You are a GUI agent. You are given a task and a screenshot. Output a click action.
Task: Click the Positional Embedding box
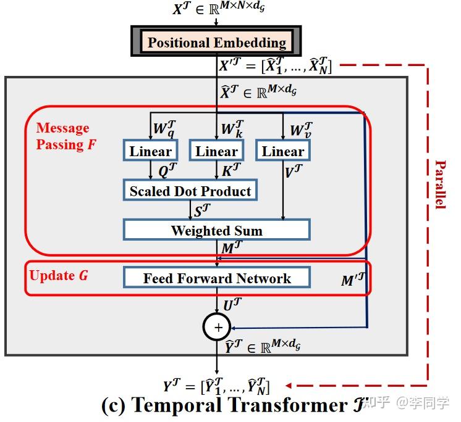(x=216, y=43)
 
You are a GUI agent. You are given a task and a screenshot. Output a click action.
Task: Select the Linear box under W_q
(x=151, y=151)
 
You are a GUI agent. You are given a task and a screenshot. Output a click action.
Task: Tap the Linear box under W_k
(x=216, y=151)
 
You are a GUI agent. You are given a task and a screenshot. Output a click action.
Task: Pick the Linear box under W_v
(x=282, y=151)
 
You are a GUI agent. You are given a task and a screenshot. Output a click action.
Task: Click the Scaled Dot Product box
(x=190, y=191)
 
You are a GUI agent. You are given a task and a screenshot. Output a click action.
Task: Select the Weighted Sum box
(x=216, y=231)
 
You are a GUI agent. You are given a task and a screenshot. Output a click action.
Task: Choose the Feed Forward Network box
(x=216, y=278)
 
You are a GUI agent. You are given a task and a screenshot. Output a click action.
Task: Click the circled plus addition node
(x=217, y=328)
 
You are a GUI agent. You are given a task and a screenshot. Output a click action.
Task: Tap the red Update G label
(x=59, y=275)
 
